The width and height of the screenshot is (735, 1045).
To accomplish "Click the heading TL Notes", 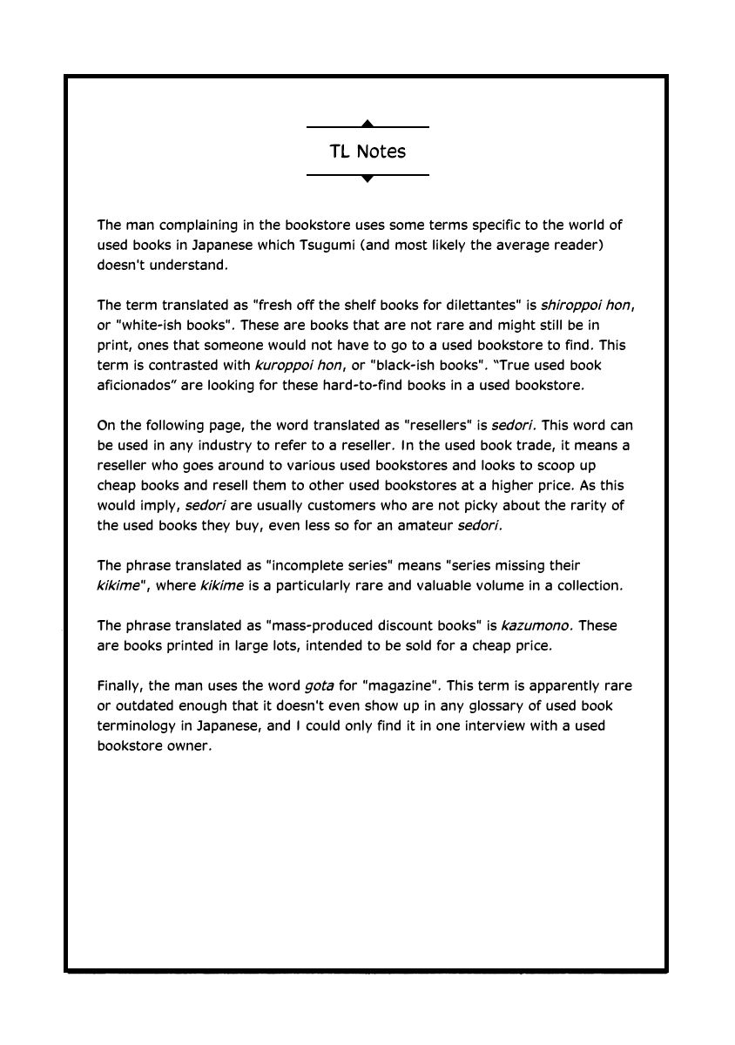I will click(x=367, y=152).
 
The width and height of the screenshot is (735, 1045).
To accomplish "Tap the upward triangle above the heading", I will click(x=367, y=124).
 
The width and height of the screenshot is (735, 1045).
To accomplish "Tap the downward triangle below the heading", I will click(x=367, y=179).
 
